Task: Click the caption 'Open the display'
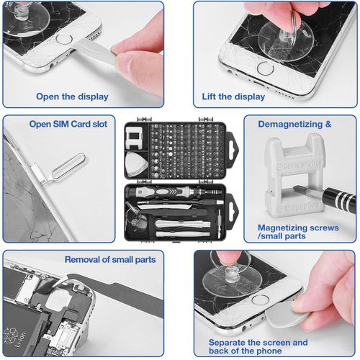click(x=72, y=96)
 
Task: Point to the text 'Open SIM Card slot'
click(x=68, y=124)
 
